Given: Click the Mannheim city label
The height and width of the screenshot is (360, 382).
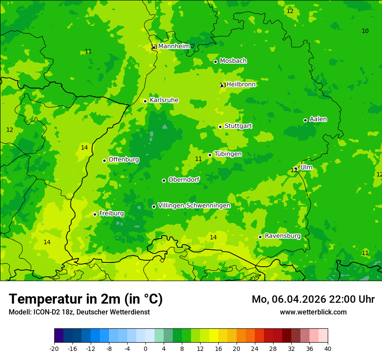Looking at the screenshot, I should (174, 46).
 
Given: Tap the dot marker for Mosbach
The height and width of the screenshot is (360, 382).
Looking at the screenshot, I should (215, 62).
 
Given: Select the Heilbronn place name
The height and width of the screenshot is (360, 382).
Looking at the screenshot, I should (241, 85).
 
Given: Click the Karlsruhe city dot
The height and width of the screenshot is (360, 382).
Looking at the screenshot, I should (145, 101).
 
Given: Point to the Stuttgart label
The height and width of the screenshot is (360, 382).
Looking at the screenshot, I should (238, 126).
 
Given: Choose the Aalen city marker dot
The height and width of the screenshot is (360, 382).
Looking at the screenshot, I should (305, 120).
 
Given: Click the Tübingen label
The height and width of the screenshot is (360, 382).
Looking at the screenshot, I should (228, 154).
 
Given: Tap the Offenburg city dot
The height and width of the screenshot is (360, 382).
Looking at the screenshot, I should (104, 160).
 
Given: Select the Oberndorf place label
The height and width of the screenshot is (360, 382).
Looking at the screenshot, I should (184, 180).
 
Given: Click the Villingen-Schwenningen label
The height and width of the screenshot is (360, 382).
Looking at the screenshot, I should (194, 206).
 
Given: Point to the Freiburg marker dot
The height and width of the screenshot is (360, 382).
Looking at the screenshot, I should (95, 214).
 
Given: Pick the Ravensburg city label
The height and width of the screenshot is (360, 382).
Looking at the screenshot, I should (283, 236).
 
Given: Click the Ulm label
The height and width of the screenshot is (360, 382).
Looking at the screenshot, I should (306, 167).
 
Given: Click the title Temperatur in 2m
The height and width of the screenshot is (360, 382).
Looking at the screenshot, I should (86, 299).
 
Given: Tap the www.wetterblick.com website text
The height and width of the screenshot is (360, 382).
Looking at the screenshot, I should (313, 312).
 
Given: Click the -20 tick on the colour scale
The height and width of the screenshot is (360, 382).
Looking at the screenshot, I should (54, 348).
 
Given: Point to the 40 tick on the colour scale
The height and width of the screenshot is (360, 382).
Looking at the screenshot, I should (328, 348).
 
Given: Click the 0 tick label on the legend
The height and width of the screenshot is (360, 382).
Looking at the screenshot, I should (145, 348).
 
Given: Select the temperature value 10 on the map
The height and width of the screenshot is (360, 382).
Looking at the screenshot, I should (365, 31).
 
